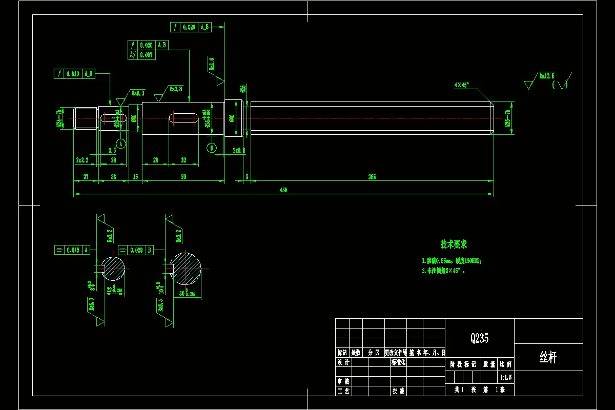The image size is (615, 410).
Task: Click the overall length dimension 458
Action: click(x=283, y=190)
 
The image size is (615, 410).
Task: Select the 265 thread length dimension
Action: click(x=372, y=177)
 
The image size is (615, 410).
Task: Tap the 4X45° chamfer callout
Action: click(x=462, y=85)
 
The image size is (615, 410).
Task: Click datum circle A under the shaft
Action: click(x=120, y=144)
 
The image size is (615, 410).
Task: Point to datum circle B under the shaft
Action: click(x=212, y=148)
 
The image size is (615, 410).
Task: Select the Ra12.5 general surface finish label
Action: click(x=546, y=76)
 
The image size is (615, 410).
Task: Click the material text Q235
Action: click(x=479, y=338)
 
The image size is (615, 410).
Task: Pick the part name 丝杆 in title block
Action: click(x=548, y=358)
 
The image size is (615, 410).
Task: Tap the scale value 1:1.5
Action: click(x=505, y=377)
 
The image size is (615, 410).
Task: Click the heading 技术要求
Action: click(x=454, y=244)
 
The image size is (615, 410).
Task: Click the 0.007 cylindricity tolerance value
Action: click(x=147, y=55)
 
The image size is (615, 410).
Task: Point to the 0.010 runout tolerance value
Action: click(x=72, y=74)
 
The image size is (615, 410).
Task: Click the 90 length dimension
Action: click(x=183, y=177)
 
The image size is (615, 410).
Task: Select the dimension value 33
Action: click(x=113, y=177)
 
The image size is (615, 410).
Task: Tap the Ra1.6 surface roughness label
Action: click(x=211, y=64)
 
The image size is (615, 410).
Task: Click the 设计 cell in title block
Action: click(x=343, y=362)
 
